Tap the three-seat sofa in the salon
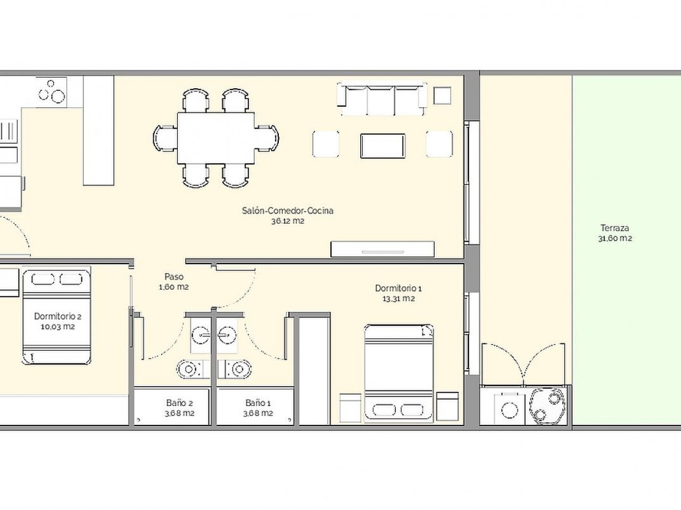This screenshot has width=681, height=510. [382, 99]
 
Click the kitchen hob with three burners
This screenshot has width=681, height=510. [52, 91]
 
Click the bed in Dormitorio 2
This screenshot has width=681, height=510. [56, 317]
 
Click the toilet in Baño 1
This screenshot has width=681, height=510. [239, 369]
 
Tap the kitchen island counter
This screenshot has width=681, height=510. [99, 130]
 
